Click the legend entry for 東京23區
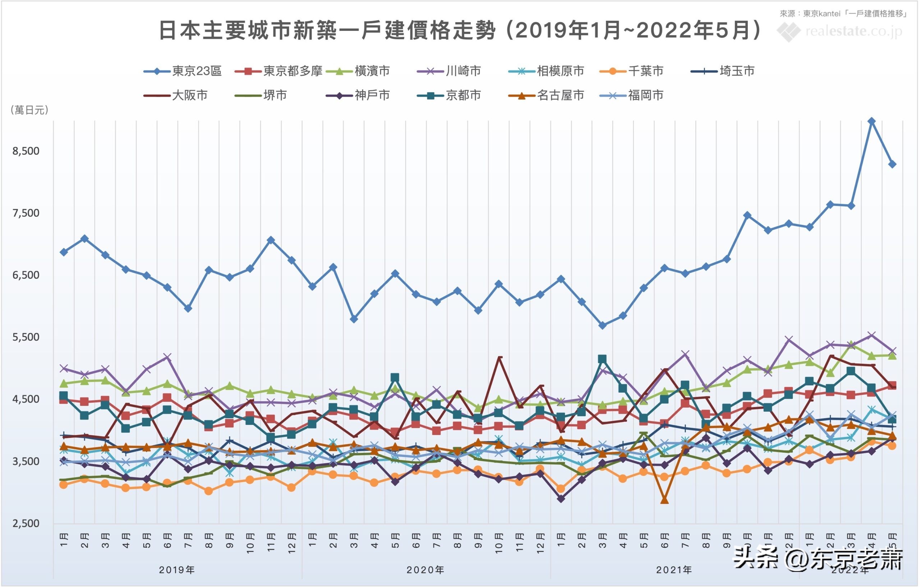coord(183,71)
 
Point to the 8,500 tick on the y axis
coord(26,151)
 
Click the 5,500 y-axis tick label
coord(26,337)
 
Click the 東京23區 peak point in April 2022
coord(871,121)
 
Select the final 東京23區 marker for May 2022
coord(892,164)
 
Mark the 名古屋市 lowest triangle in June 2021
coord(664,500)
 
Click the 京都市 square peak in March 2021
coord(602,359)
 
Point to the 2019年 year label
coord(177,570)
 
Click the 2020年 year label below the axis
coord(425,570)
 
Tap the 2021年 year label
coord(674,570)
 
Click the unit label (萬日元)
coord(29,110)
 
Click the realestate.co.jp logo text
coord(854,31)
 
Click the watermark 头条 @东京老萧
coord(818,559)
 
